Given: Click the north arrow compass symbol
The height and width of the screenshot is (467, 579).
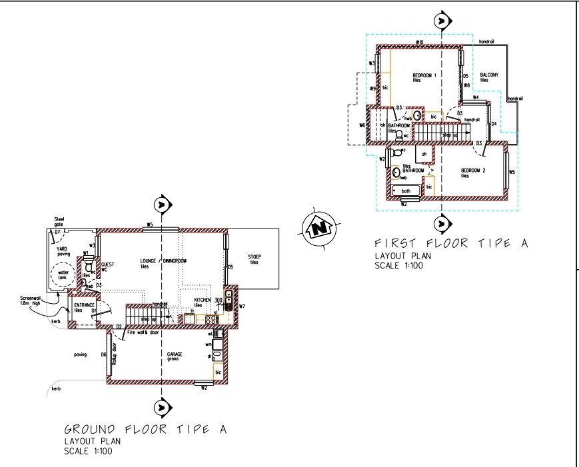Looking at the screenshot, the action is pos(318,227).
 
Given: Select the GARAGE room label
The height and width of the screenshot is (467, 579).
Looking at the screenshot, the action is pos(176,354).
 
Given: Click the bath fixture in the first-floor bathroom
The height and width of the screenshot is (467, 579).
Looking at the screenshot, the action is pos(406,192).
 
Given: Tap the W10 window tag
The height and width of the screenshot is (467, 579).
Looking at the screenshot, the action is pos(420,43).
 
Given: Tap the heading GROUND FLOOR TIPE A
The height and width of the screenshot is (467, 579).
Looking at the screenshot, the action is pos(145,430).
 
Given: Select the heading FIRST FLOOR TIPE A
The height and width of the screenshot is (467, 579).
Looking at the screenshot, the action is pos(451,244).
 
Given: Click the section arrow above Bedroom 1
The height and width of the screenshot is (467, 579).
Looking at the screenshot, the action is pos(440,21).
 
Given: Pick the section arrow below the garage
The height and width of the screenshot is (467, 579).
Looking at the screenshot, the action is pos(161,406).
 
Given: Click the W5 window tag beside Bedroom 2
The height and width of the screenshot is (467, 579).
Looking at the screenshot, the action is pos(512,172).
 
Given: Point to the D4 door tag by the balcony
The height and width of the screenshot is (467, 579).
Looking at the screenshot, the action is pos(494,124).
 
